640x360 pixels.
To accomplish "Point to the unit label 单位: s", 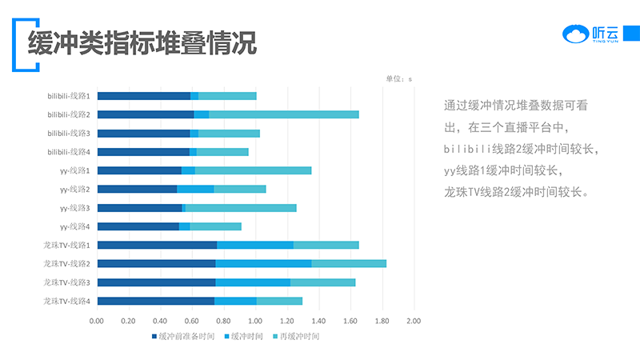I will pos(398,78).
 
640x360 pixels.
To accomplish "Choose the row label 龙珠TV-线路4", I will pos(66,301).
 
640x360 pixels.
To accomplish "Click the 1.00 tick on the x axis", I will pos(254,321).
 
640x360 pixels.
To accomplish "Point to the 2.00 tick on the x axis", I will pos(413,321).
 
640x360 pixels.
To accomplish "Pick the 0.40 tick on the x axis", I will pos(160,321).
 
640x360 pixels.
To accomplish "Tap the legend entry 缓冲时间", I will pos(246,336).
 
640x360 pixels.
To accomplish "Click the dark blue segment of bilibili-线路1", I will pos(143,96).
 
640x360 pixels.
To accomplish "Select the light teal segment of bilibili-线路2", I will pos(283,114).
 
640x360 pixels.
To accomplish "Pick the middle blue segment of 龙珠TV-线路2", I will pos(263,263).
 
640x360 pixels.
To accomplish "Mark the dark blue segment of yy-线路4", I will pos(138,226).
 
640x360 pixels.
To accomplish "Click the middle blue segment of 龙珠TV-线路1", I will pos(255,245).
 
